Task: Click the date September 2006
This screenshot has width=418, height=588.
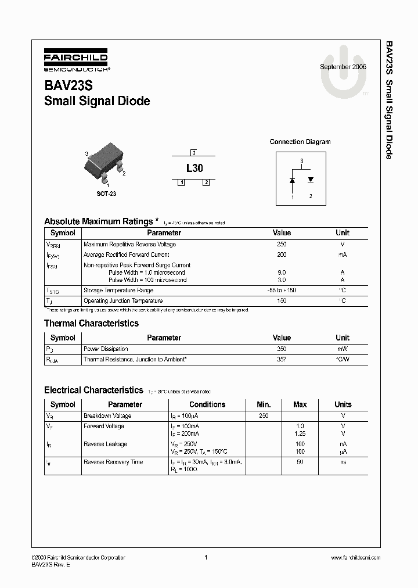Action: pyautogui.click(x=343, y=67)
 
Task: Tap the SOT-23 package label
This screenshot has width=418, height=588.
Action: pyautogui.click(x=106, y=193)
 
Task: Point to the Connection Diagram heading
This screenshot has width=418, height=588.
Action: pyautogui.click(x=300, y=142)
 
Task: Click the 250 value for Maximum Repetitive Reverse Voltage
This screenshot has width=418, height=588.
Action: pyautogui.click(x=282, y=245)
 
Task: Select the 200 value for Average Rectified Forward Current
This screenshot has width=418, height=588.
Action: pyautogui.click(x=282, y=255)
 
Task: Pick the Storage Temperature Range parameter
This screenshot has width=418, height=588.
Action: pyautogui.click(x=118, y=291)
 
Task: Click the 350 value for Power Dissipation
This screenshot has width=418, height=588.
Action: pyautogui.click(x=282, y=349)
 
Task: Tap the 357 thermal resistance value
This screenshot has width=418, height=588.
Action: pyautogui.click(x=282, y=360)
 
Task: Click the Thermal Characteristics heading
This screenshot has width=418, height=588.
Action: pyautogui.click(x=91, y=323)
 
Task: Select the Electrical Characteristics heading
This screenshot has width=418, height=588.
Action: pyautogui.click(x=93, y=390)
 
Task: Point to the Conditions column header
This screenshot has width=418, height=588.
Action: pyautogui.click(x=207, y=404)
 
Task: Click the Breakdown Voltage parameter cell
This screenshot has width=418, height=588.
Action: pyautogui.click(x=107, y=416)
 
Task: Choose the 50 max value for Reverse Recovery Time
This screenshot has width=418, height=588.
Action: pyautogui.click(x=300, y=462)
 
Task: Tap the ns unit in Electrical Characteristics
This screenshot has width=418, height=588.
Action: pyautogui.click(x=343, y=462)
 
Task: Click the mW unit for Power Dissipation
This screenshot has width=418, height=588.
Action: pyautogui.click(x=343, y=349)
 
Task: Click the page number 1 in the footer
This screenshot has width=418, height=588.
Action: pyautogui.click(x=206, y=557)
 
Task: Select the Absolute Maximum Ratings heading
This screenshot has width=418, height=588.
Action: pyautogui.click(x=99, y=221)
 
